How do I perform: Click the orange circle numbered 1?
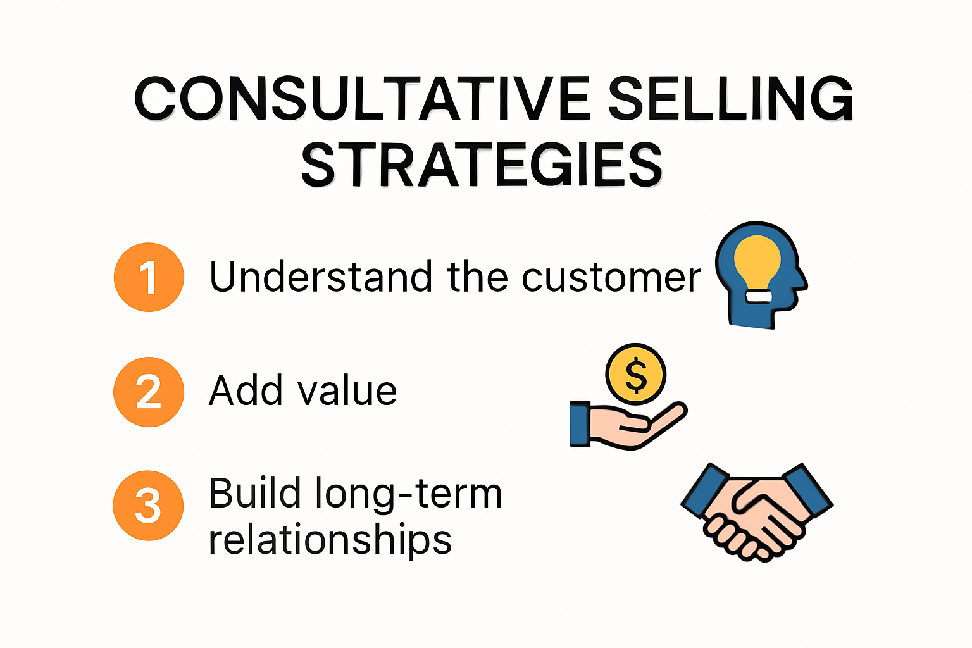coord(149,277)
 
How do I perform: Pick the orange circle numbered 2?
coord(149,392)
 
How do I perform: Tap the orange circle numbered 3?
coord(148,506)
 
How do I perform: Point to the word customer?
coord(611,278)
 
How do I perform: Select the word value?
coord(347,390)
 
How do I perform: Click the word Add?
coord(246,390)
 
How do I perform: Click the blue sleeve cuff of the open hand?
coord(580,424)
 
